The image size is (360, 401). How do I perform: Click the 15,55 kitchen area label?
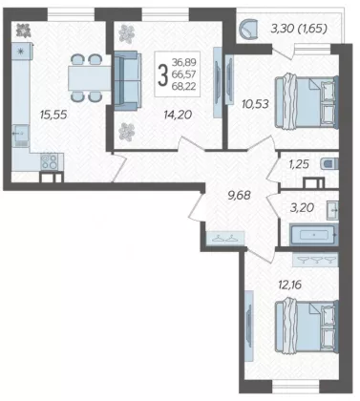point(53,115)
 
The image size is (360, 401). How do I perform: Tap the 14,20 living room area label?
point(178,115)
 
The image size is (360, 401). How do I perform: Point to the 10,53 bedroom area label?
point(255,104)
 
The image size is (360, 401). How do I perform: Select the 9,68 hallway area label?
point(239,196)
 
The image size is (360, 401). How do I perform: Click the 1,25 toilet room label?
point(299,164)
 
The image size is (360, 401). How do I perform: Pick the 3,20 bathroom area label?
point(302,208)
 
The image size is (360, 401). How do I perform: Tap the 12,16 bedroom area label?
point(289,285)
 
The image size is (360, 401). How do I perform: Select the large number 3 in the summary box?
point(162,74)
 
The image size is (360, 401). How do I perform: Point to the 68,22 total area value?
point(184,86)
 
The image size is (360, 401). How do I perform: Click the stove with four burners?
point(49,161)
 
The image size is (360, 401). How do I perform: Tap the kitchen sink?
point(20,136)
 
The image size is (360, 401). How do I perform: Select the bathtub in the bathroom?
point(313,235)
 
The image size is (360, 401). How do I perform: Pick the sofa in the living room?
point(127,81)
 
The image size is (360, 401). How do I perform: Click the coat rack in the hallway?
point(225,238)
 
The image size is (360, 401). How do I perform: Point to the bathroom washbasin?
point(332,210)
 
